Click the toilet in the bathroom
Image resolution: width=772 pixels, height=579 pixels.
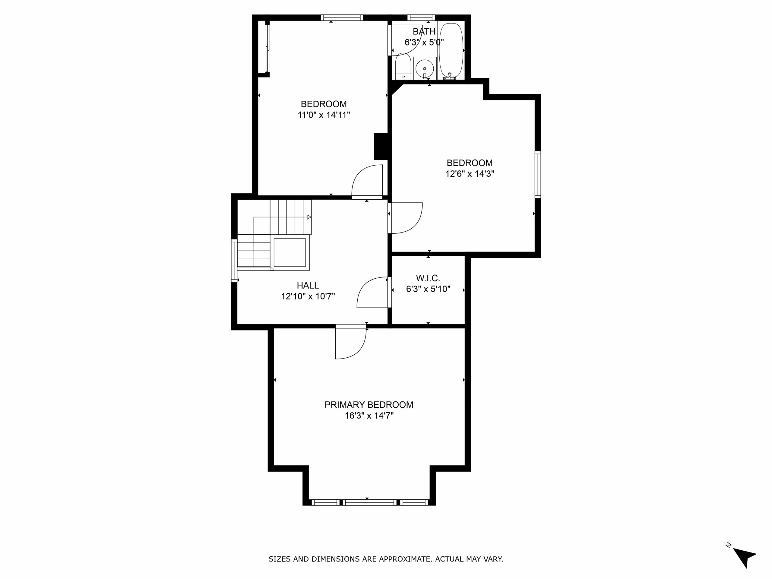tap(403, 66)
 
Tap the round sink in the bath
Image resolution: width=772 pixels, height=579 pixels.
tap(425, 68)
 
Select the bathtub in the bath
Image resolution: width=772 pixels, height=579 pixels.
tap(451, 51)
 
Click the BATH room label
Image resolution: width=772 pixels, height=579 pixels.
tap(424, 31)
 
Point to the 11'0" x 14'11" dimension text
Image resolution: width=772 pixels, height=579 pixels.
tap(324, 115)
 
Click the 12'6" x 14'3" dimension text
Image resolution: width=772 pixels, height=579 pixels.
tap(470, 174)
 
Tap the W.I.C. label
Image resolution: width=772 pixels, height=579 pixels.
tap(428, 278)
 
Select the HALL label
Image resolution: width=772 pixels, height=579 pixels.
tap(308, 286)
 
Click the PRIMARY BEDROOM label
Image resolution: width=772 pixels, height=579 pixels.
tap(369, 405)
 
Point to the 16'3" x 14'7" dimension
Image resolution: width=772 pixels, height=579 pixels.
tap(369, 416)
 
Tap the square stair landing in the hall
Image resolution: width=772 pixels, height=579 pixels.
tap(290, 253)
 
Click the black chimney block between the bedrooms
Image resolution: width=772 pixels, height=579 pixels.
tap(381, 146)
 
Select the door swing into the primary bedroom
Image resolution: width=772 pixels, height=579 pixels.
tap(351, 343)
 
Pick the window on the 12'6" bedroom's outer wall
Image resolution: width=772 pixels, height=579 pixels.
tap(538, 175)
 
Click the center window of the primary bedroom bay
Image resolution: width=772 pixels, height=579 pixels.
tap(370, 503)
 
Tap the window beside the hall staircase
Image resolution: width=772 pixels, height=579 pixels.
tap(234, 260)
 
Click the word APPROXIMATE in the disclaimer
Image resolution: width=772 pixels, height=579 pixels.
tap(404, 559)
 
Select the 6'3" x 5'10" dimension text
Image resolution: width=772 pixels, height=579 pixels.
tap(428, 289)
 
